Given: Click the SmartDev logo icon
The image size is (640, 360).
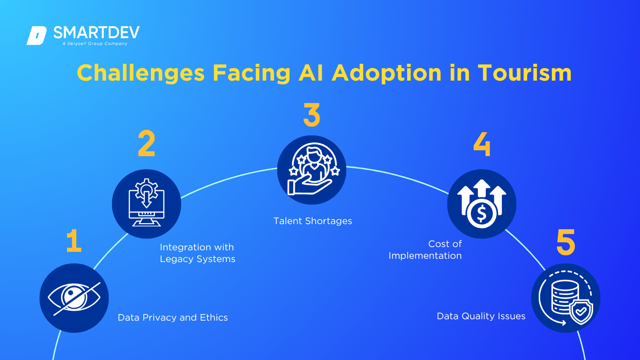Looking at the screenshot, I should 37,36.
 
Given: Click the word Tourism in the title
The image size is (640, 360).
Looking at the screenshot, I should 525,74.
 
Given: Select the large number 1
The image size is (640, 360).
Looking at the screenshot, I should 74,242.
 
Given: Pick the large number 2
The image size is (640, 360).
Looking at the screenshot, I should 146,143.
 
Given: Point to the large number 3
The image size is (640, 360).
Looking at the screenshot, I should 312,115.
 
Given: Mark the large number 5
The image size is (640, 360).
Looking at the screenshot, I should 566,242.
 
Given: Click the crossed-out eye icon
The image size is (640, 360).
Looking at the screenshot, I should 74,298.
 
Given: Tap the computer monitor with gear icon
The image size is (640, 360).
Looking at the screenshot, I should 146,203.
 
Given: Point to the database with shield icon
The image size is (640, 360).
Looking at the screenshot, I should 566,298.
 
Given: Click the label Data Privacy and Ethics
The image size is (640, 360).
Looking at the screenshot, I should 173,318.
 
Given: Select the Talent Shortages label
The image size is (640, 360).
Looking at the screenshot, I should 313,221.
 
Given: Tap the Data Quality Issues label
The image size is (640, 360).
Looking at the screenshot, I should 481,316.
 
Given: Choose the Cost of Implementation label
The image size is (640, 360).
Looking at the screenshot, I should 425,250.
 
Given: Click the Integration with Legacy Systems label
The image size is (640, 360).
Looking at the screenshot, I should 197,253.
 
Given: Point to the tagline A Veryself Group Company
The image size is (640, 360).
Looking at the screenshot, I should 95,44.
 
